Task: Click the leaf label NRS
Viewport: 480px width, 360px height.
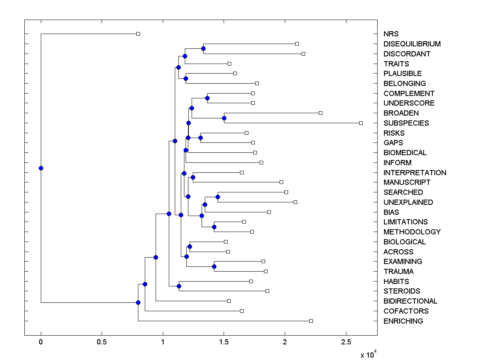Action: click(391, 34)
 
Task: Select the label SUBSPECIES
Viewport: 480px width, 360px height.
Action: click(406, 123)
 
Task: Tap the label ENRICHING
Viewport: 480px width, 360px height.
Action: click(403, 321)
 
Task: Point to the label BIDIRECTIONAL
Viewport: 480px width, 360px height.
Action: click(410, 301)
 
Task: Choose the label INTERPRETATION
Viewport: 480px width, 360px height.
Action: click(415, 173)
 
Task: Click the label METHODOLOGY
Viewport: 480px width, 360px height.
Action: click(412, 232)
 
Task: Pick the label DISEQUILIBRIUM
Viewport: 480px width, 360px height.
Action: click(412, 44)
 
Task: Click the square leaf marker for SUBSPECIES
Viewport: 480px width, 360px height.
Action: click(361, 123)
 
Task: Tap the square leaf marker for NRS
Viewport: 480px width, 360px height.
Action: click(138, 34)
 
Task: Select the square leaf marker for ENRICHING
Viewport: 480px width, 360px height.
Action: click(311, 321)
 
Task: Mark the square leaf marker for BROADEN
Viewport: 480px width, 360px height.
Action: click(320, 113)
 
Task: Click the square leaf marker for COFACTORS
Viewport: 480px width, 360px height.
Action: click(242, 311)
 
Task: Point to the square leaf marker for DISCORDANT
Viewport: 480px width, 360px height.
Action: click(303, 54)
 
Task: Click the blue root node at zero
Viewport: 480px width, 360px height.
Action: click(41, 168)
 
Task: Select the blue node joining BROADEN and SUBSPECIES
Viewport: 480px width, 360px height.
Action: click(224, 118)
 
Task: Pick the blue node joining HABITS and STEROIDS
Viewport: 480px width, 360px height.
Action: click(179, 286)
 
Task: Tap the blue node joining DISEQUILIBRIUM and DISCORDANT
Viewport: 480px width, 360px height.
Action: click(203, 48)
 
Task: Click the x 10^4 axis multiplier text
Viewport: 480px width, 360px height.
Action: click(368, 354)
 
